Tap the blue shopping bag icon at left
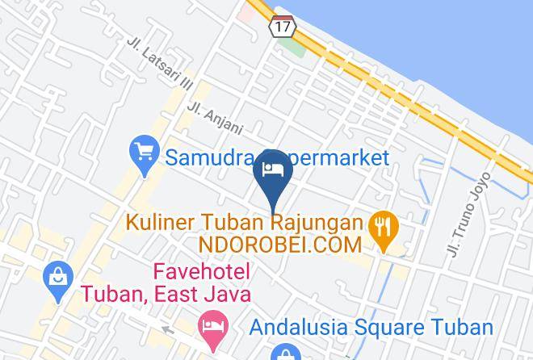pyautogui.click(x=58, y=276)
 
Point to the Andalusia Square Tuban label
pyautogui.click(x=371, y=327)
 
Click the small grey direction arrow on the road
pyautogui.click(x=169, y=329)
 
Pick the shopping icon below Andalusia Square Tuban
pyautogui.click(x=283, y=352)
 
